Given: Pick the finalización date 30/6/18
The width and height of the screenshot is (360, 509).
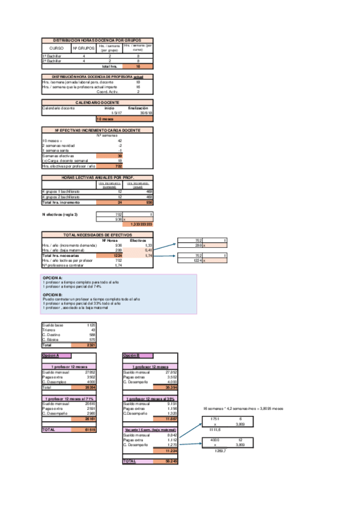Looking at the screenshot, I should click(145, 112).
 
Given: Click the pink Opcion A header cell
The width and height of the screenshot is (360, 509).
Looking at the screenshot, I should click(50, 355).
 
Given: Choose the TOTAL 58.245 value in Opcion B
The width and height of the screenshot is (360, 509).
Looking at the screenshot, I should click(172, 461).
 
